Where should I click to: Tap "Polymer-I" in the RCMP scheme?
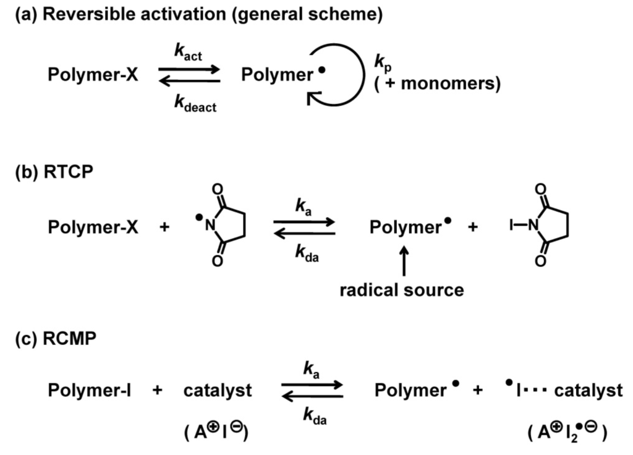click(91, 390)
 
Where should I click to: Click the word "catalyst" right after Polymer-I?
click(218, 391)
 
